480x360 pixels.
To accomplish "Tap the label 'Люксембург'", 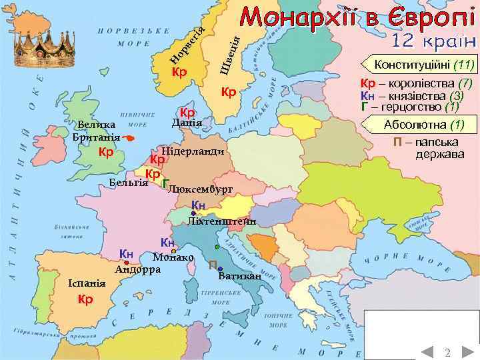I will click(x=201, y=189).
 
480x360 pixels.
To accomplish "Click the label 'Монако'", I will click(x=173, y=257).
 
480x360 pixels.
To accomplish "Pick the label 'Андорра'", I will click(x=137, y=270).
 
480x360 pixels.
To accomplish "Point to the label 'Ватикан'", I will click(x=239, y=276).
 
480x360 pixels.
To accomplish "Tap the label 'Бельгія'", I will click(x=128, y=183).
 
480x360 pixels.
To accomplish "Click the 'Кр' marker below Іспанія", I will click(x=85, y=299).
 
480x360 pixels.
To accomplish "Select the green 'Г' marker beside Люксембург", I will click(x=165, y=184).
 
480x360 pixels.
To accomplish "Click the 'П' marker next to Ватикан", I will click(x=211, y=265).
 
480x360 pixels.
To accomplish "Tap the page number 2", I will click(x=447, y=352).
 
